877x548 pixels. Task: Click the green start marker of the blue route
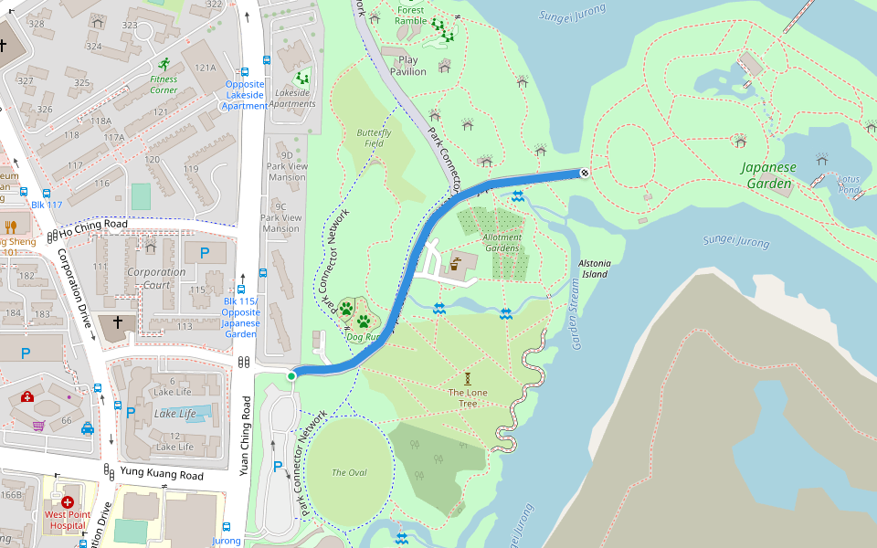291,375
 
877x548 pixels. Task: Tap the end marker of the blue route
584,172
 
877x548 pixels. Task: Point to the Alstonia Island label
594,268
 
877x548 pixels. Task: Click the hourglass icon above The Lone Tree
467,376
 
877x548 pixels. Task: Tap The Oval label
349,472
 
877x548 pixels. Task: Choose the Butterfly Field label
375,138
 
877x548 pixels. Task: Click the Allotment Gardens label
502,242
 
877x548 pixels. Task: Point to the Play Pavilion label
408,66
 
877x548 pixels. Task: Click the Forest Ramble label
410,15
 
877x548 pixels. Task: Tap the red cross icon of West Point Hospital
68,501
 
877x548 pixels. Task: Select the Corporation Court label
156,279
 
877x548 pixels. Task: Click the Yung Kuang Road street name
162,474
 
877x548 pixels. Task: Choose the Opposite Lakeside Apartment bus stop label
244,95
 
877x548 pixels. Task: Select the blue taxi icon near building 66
88,427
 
